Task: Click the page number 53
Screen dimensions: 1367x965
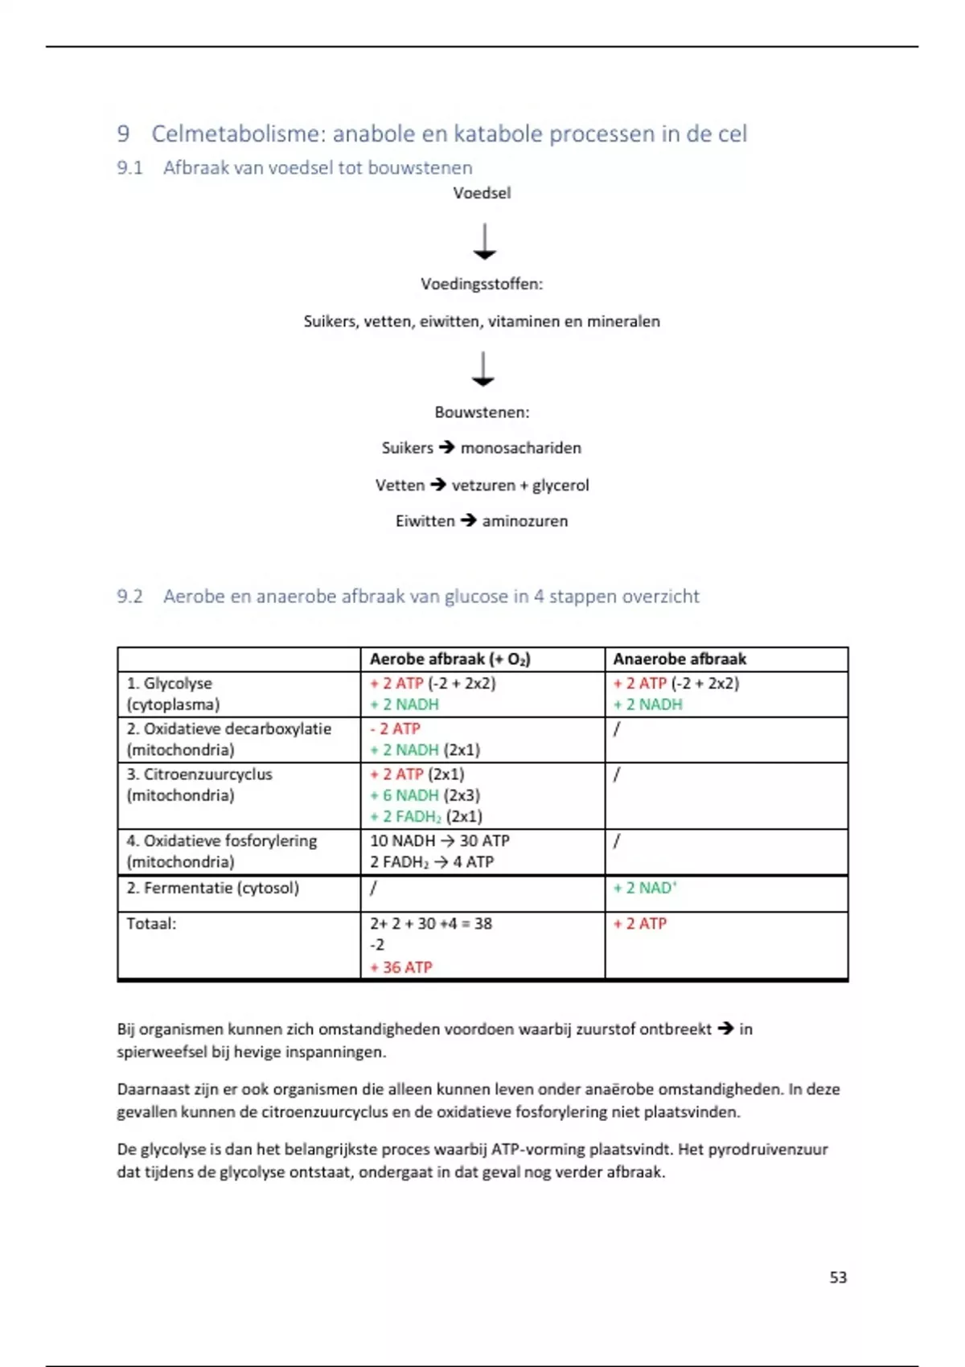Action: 838,1277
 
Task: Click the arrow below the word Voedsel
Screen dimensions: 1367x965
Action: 484,241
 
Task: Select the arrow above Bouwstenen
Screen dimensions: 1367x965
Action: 482,369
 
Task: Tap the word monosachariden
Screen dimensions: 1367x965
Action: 520,448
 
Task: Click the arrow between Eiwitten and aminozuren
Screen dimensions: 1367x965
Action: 469,520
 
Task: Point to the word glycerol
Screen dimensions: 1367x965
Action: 561,485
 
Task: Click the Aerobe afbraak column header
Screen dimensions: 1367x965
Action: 450,659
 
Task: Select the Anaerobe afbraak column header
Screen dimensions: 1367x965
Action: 680,659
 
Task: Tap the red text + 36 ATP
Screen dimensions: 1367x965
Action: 401,967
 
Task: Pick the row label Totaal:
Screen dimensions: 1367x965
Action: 151,923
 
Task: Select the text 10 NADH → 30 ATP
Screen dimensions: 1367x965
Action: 439,840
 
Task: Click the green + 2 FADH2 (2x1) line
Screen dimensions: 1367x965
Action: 426,816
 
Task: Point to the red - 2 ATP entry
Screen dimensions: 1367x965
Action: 395,729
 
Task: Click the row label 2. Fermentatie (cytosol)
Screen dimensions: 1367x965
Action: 212,888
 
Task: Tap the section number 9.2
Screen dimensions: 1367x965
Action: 129,596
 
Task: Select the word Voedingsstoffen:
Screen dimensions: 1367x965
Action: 482,284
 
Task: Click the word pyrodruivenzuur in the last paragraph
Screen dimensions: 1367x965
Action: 767,1149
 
